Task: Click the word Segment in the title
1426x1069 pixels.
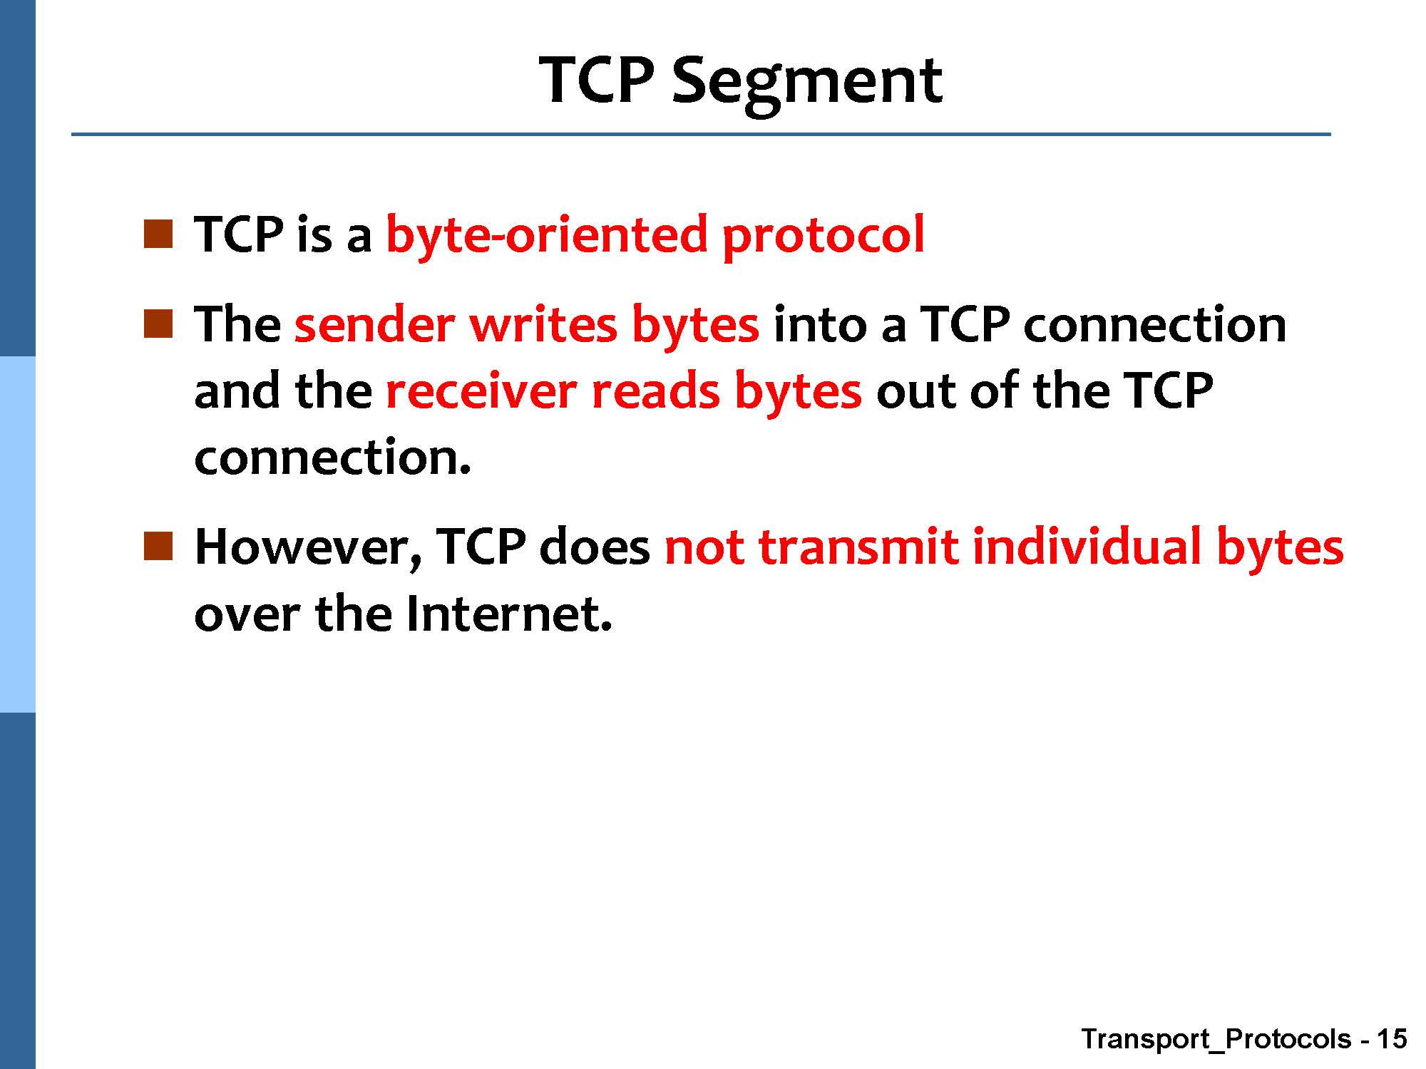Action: click(807, 82)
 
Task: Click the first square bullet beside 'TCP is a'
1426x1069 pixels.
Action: click(158, 234)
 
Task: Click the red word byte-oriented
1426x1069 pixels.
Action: click(546, 234)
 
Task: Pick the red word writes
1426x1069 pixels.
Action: click(543, 325)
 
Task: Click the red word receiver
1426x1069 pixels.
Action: click(481, 391)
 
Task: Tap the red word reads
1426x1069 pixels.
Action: click(656, 391)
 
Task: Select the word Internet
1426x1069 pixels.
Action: click(509, 614)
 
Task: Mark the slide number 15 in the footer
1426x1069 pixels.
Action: click(1392, 1039)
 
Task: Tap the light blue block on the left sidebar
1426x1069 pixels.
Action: click(17, 534)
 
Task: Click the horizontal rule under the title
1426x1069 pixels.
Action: click(701, 134)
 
